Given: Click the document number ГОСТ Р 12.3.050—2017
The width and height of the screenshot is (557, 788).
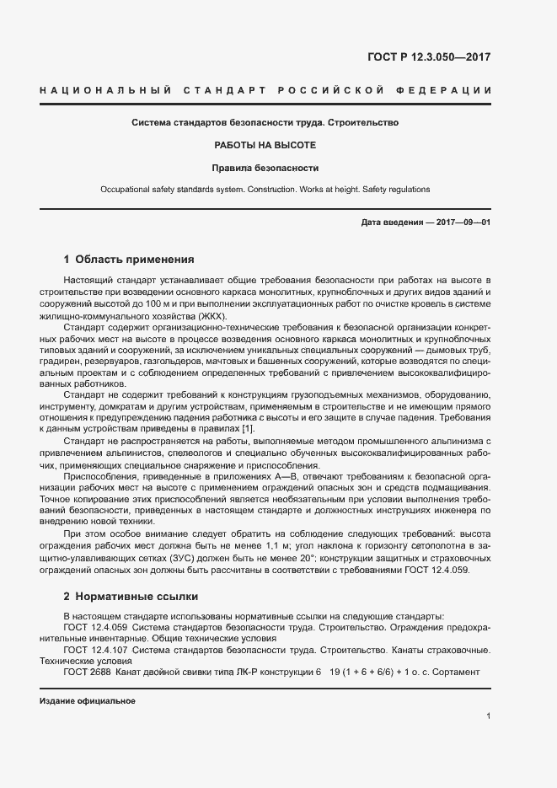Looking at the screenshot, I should coord(429,57).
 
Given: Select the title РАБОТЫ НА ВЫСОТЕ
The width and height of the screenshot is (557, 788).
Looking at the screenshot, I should coord(265,145).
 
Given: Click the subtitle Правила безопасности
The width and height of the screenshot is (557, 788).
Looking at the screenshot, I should coord(265,168).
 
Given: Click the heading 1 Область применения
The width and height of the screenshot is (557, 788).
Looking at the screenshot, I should coord(129,260).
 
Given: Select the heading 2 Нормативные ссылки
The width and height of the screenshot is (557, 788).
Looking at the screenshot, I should coord(131,597).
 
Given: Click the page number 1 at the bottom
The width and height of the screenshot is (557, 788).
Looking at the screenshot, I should coord(488,716).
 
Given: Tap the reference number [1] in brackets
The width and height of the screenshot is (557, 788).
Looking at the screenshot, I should coord(248,429).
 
